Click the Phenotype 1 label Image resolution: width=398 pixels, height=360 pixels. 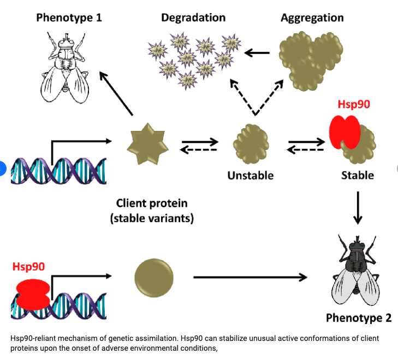click(x=69, y=17)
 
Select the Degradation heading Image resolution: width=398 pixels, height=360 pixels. click(x=193, y=17)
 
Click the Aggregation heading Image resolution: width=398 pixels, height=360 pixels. click(x=312, y=17)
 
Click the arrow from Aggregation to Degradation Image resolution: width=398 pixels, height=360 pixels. click(x=257, y=53)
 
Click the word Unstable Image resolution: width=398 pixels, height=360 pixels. click(x=251, y=176)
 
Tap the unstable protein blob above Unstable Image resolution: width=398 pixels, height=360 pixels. click(x=251, y=145)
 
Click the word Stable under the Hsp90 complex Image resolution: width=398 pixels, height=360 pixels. click(x=358, y=176)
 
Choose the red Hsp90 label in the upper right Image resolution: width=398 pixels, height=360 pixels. click(x=353, y=104)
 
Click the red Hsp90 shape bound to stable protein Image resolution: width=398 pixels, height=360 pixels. click(x=344, y=133)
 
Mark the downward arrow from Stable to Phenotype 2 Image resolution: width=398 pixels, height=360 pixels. click(x=358, y=208)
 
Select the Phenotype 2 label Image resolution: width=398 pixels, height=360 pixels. click(x=358, y=317)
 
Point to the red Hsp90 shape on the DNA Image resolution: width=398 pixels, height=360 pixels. click(x=33, y=293)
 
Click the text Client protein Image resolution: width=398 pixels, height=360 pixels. click(x=152, y=203)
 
